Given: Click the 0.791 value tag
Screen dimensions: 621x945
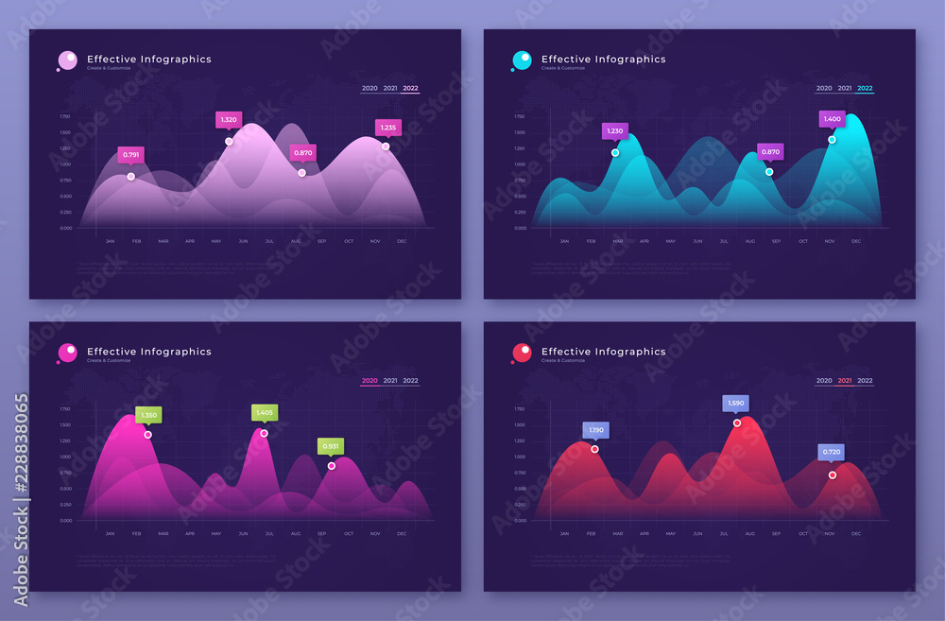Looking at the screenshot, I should coord(130,155).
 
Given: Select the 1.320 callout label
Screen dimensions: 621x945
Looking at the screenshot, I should coord(228,120).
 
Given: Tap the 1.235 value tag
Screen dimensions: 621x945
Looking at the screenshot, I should coord(387,127).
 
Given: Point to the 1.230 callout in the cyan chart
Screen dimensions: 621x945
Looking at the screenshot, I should coord(615,131).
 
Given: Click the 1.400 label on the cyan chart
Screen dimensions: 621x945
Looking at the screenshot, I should coord(832,119).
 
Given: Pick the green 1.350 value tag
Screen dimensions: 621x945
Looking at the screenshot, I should coord(148,415).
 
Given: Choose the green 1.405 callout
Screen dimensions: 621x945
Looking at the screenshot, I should coord(265,412).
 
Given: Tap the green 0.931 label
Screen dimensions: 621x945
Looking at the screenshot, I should coord(331,446).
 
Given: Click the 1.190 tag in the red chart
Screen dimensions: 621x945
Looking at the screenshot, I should coord(595,430).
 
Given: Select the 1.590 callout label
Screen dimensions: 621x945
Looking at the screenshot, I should coord(736,404).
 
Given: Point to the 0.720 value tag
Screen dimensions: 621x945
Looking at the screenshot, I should coord(831,453).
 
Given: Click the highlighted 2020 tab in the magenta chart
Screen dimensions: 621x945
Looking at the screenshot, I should coord(369,381).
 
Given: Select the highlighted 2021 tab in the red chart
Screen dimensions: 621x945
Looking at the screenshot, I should coord(844,381).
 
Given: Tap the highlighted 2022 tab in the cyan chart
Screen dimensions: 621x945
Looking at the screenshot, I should coord(865,89).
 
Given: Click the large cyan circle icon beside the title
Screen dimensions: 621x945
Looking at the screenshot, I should coord(522,60).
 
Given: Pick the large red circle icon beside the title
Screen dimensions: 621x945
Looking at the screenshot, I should coord(522,353).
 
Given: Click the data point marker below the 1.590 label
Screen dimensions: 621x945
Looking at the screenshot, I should coord(737,423).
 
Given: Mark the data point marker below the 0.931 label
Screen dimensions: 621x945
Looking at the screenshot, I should coord(332,466).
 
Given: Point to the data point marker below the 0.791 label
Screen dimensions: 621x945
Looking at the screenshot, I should coord(130,177).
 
